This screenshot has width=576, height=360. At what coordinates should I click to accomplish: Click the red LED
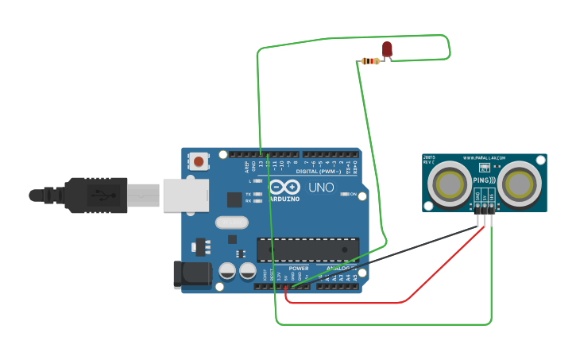coord(387,49)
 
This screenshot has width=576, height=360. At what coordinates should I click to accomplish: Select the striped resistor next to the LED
coord(370,61)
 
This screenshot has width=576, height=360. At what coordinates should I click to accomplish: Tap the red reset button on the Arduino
coord(199,162)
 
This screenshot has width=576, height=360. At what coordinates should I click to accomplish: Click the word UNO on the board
coord(321,188)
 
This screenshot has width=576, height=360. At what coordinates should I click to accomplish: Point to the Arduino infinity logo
coord(284,187)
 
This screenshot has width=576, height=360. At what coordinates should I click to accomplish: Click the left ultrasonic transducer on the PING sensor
coord(450,184)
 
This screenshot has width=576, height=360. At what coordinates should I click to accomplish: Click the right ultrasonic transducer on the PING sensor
coord(520,184)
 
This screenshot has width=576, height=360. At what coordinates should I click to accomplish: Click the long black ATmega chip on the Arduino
coord(307,250)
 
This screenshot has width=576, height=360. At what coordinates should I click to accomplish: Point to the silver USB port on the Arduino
coord(186,195)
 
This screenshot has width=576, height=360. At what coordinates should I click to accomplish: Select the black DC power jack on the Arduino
coord(192,275)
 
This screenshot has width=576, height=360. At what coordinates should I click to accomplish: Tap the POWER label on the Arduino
coord(299,269)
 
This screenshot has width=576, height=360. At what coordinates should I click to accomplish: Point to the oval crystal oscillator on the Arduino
coord(231,223)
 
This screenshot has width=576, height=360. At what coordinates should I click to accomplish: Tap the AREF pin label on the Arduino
coord(246,167)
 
